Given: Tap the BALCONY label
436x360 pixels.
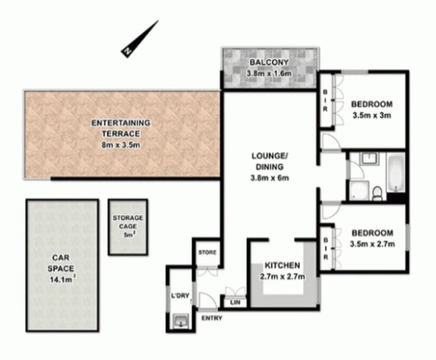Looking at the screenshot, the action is [x=269, y=62].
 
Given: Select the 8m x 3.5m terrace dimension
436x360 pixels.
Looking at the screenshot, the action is [x=121, y=145].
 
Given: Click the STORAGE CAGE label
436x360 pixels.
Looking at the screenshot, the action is [x=128, y=222].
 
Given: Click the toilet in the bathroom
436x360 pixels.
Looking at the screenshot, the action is [x=377, y=194].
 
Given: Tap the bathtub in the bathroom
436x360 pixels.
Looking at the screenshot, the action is [x=396, y=174].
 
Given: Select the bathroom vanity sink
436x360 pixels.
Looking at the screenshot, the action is [x=369, y=159].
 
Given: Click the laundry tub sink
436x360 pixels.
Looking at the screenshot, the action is [x=181, y=321].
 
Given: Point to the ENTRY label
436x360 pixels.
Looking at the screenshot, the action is [x=212, y=318].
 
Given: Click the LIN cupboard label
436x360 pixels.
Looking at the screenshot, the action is [x=235, y=302].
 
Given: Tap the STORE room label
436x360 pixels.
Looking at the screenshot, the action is [x=207, y=253].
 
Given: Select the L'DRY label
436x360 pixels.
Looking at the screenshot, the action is [x=180, y=296].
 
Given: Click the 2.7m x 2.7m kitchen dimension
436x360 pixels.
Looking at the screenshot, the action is [x=282, y=277].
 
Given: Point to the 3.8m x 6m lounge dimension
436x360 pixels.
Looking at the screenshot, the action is [x=270, y=178].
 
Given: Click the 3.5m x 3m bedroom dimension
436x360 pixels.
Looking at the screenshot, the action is [x=372, y=115].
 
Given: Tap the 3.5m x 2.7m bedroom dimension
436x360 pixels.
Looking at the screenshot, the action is [x=372, y=244].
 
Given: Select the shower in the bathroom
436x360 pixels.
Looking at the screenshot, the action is [x=359, y=191].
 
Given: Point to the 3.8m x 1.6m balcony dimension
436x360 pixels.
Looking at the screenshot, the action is [x=269, y=73].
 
